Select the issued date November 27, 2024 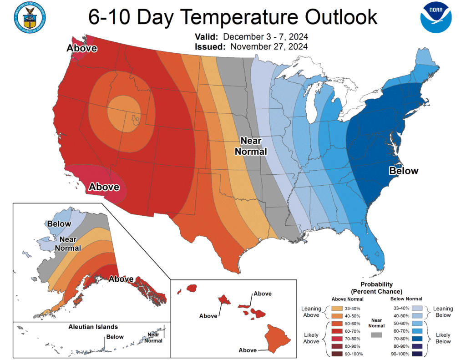tap(269, 46)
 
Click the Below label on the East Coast tap(403, 171)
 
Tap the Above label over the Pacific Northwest tap(82, 48)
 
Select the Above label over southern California tap(104, 187)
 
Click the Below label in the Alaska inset tap(59, 223)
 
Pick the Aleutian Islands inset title tap(93, 327)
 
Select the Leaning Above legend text tap(311, 312)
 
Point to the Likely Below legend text tap(443, 338)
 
